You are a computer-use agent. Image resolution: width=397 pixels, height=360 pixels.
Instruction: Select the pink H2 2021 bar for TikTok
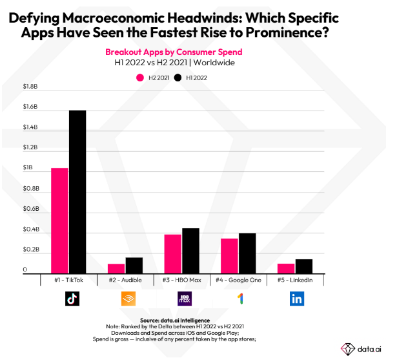[59, 220]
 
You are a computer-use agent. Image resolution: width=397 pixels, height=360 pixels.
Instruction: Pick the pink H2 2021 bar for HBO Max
[172, 253]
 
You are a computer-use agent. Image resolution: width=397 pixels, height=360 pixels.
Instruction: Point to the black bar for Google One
[247, 253]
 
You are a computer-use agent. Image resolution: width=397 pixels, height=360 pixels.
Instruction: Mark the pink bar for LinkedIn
[285, 268]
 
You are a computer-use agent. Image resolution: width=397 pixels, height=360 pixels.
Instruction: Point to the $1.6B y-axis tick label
[31, 107]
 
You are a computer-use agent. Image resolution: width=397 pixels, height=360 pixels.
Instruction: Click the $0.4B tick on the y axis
[31, 230]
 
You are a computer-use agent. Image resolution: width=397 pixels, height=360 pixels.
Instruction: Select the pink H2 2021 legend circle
[139, 78]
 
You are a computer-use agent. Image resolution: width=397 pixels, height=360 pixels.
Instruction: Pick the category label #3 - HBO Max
[181, 279]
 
